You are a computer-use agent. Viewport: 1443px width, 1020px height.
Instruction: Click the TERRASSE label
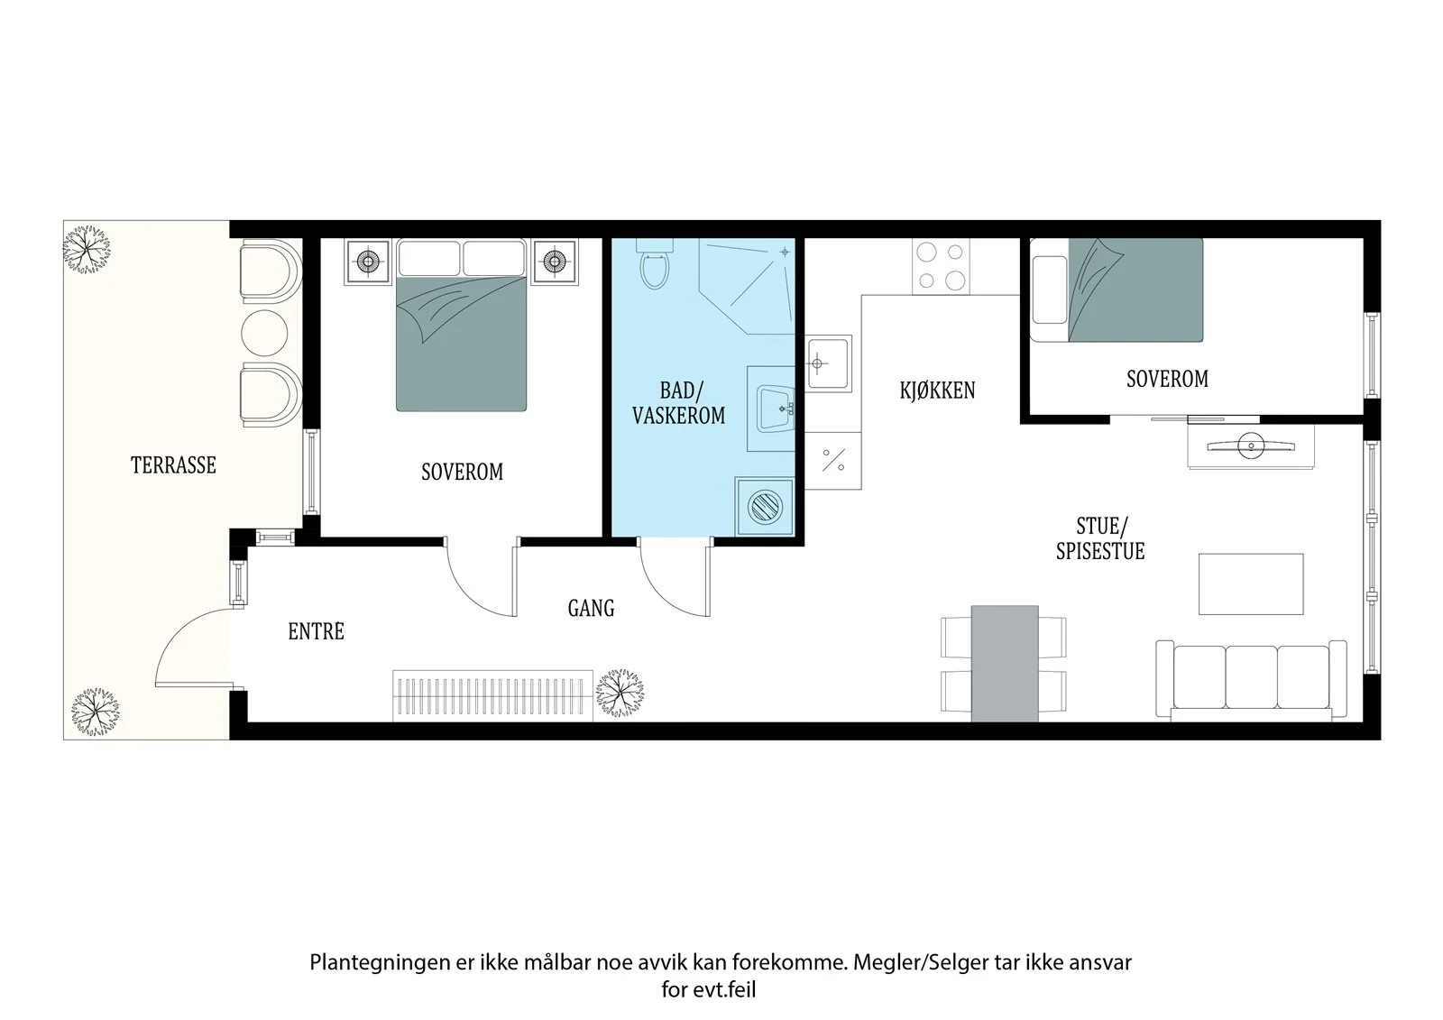click(x=173, y=464)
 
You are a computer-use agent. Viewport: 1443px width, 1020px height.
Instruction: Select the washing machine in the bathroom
click(x=765, y=507)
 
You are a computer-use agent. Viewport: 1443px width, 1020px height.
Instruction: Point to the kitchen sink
click(x=828, y=363)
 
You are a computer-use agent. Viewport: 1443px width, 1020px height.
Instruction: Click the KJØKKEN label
click(x=937, y=391)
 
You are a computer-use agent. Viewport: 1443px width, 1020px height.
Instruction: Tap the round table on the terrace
click(x=264, y=333)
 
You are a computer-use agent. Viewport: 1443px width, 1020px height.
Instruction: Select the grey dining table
click(x=1005, y=663)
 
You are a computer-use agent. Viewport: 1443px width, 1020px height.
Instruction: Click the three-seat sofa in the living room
click(x=1251, y=680)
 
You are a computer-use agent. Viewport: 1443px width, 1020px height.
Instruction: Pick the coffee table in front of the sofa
click(x=1251, y=584)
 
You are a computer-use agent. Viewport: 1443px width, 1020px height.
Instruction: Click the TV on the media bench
click(x=1250, y=446)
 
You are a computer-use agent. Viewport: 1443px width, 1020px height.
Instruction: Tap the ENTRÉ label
click(x=316, y=631)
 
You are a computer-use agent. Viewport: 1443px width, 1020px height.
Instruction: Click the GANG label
click(x=591, y=608)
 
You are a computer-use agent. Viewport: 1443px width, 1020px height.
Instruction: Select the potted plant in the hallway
click(x=619, y=694)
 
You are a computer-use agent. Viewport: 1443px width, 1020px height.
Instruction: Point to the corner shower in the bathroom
click(x=748, y=286)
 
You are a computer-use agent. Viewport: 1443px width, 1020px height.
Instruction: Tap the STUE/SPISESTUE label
click(x=1100, y=538)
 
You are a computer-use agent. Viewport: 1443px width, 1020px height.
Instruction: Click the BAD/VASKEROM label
click(x=679, y=403)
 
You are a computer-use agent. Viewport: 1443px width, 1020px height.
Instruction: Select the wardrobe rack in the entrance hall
click(x=492, y=696)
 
